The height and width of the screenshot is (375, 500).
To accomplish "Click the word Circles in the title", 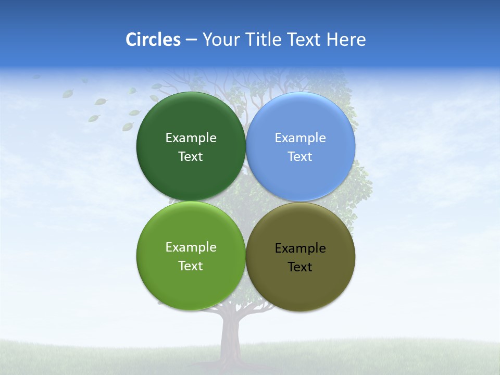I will click(153, 40).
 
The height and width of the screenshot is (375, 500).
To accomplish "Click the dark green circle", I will click(191, 120).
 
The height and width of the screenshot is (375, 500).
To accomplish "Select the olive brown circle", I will click(301, 289).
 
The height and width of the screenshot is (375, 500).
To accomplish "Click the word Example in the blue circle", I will click(300, 138).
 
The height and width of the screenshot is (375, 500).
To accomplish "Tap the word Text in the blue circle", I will click(300, 157).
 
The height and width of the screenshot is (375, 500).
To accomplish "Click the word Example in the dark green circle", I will click(191, 138).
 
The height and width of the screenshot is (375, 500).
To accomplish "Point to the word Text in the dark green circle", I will click(191, 157).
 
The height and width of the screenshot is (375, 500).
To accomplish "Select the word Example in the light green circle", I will click(191, 247).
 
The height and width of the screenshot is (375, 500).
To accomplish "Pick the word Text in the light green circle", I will click(191, 266).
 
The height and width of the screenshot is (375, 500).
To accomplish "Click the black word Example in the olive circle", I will click(300, 248).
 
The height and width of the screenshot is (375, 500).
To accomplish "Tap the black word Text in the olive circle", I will click(300, 267).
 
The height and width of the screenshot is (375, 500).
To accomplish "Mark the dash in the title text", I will click(191, 40).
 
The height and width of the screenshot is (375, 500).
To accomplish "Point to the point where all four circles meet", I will click(246, 202).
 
